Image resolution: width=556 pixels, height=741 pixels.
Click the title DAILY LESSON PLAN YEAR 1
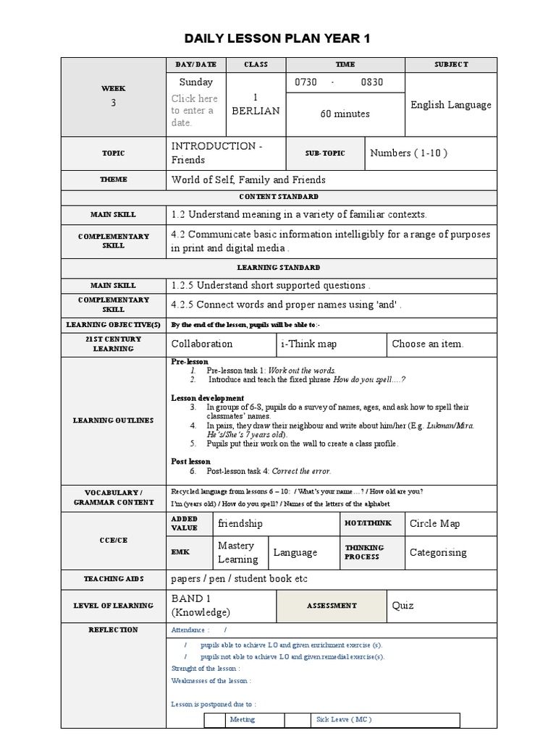tap(277, 38)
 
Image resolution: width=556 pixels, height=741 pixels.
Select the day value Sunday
tap(196, 82)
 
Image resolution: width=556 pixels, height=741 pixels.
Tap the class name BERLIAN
tap(254, 111)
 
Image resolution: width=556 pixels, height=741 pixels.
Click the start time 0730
tap(306, 82)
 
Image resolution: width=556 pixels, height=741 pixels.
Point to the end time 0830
tap(372, 82)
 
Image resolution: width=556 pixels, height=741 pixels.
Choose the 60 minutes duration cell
tap(345, 114)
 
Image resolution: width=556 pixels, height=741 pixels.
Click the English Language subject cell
tap(450, 105)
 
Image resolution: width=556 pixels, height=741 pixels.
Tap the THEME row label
tap(113, 179)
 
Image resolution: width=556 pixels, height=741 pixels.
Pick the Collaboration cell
tap(202, 344)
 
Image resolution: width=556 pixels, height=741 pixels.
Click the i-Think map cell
tap(309, 344)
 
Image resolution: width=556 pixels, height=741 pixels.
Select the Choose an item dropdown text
tap(427, 344)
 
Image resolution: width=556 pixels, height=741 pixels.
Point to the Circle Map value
tap(434, 523)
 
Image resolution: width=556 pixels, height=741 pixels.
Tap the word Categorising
tap(438, 552)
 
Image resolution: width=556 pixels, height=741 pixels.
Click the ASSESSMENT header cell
tap(332, 605)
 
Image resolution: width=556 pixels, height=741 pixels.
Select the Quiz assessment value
tap(403, 605)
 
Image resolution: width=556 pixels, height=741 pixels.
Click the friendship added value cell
tap(240, 523)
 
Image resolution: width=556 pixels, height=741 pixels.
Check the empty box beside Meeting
tap(214, 719)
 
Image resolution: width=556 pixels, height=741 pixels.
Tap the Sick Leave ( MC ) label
tap(343, 719)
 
